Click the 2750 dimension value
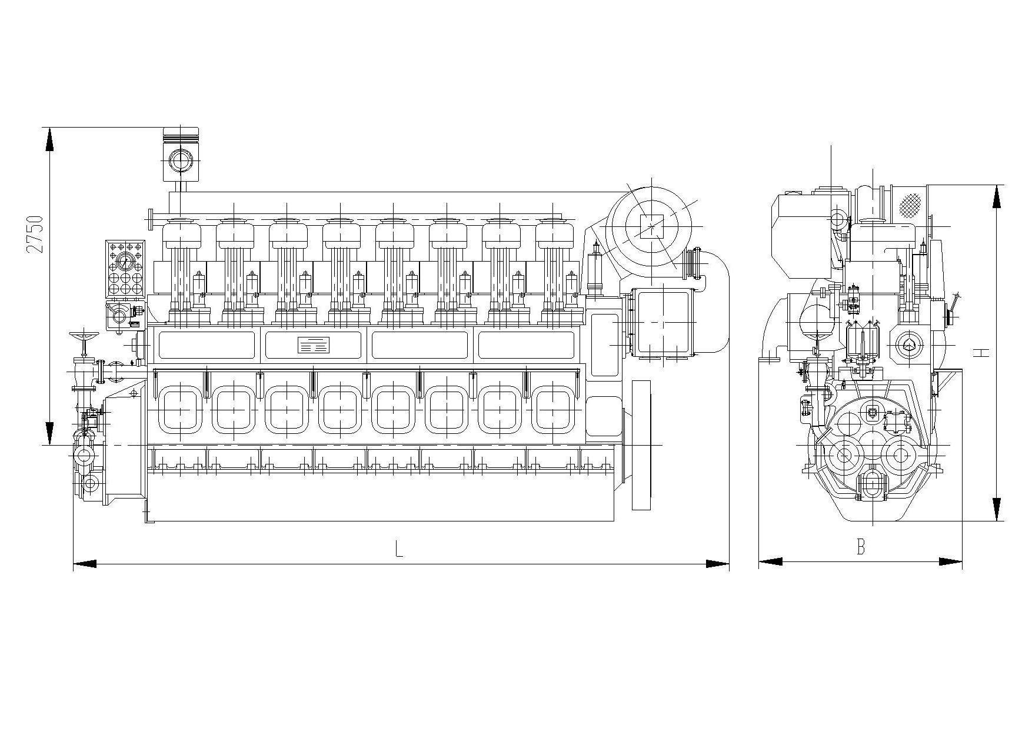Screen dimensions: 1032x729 [36, 234]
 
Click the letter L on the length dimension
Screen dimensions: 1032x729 [399, 550]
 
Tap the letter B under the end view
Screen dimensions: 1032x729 [860, 547]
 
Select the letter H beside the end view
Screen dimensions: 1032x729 [980, 353]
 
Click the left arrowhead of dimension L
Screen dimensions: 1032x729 [85, 564]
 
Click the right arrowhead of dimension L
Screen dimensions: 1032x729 [717, 564]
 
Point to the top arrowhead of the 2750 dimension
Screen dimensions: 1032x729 [49, 139]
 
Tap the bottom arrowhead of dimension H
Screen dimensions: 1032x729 [997, 509]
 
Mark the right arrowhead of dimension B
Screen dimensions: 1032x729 [950, 561]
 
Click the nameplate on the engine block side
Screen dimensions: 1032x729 [314, 345]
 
